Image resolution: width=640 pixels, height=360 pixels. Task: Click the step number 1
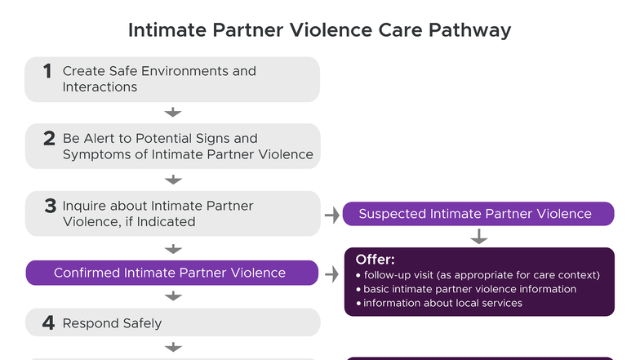tap(48, 72)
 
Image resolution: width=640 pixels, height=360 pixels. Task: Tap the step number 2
tap(49, 139)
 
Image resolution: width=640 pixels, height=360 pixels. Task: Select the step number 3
tap(50, 207)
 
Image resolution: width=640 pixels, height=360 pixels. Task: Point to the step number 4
tap(49, 322)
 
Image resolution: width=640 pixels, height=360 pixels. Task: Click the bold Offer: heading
tap(376, 260)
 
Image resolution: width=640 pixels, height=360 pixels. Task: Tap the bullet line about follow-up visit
tap(482, 274)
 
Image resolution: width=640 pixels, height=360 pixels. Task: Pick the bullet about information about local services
tap(442, 303)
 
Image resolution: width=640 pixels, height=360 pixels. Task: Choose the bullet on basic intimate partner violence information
tap(469, 289)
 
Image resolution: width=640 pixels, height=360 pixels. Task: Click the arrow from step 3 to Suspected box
tap(331, 215)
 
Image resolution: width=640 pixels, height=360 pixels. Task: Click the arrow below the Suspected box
tap(479, 237)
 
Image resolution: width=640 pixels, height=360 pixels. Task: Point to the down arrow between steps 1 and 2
tap(172, 113)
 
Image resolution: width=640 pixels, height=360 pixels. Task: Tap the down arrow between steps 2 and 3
tap(172, 180)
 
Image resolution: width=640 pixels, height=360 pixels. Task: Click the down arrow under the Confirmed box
tap(172, 296)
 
